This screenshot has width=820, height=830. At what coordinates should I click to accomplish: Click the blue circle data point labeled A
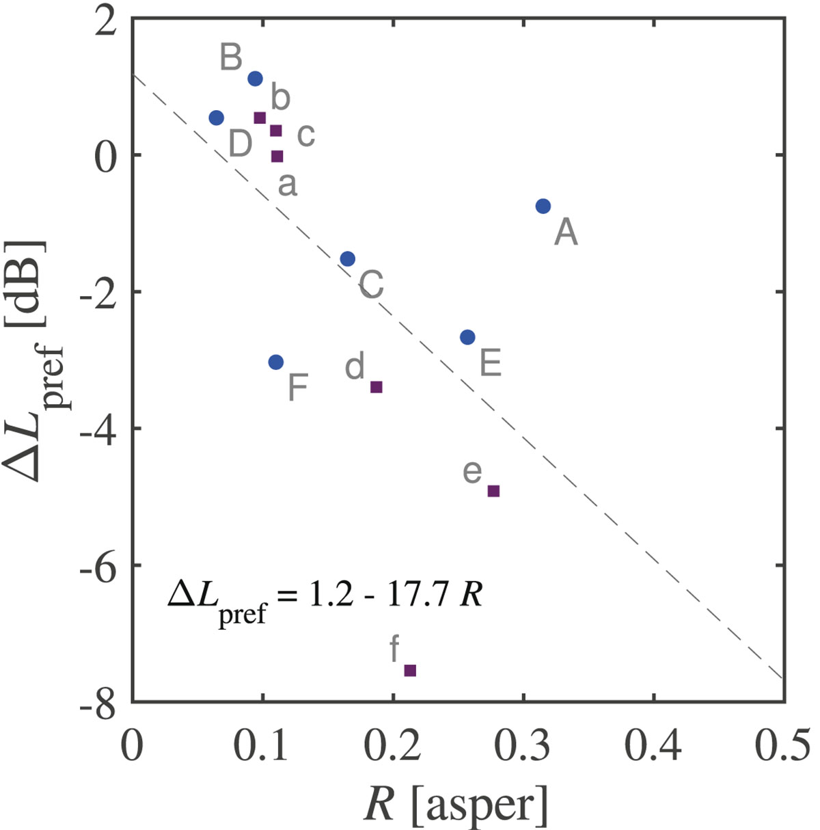point(543,206)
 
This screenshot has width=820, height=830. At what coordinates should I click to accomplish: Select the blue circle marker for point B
point(255,79)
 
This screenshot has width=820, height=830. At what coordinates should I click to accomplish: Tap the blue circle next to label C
point(347,258)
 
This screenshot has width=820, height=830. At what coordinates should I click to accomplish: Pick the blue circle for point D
point(216,118)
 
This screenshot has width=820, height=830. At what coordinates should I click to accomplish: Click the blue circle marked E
point(467,337)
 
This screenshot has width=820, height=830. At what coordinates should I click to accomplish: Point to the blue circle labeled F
point(275,362)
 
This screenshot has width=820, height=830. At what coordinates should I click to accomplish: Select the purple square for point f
point(410,670)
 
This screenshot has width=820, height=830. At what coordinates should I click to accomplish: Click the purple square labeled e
point(493,490)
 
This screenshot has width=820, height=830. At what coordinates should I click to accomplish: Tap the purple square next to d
point(376,387)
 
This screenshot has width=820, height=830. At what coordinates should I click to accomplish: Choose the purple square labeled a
point(277,156)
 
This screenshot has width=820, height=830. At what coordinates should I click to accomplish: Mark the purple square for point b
point(260,118)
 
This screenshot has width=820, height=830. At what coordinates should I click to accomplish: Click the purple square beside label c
point(276,131)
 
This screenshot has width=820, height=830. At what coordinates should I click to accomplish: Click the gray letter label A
point(566,232)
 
